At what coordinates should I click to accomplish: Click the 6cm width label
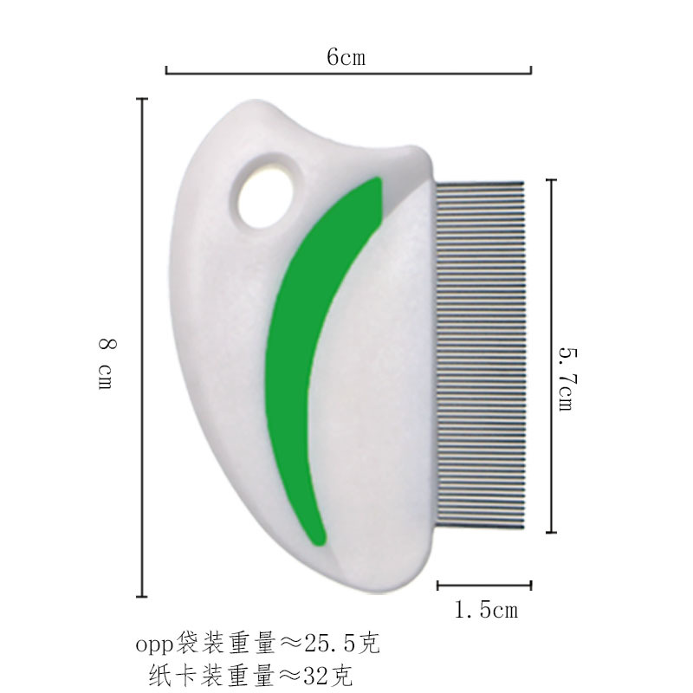click(x=346, y=57)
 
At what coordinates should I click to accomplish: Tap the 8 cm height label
click(x=107, y=363)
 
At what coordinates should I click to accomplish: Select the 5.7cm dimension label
click(x=567, y=379)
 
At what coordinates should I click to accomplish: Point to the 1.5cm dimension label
click(x=486, y=610)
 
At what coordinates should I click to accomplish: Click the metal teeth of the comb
click(x=480, y=355)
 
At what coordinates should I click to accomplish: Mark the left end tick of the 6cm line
click(x=166, y=70)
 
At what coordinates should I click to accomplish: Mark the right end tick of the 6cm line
click(x=531, y=70)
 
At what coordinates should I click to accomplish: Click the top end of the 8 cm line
click(x=142, y=99)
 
